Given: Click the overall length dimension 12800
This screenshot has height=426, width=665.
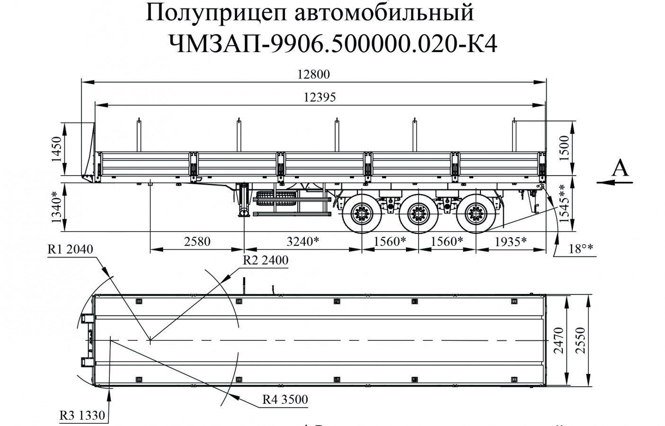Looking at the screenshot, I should (x=313, y=74).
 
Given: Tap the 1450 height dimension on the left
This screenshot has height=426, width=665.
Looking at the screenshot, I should (x=57, y=149).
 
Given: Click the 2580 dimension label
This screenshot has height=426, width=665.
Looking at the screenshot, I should (x=197, y=241).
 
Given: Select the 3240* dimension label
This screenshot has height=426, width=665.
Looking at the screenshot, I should (x=303, y=241).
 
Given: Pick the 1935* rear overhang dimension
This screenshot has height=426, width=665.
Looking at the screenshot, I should (x=511, y=241).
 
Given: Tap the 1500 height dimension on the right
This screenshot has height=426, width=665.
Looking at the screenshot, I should (x=564, y=149).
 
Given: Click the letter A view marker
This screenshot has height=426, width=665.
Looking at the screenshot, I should (x=621, y=168).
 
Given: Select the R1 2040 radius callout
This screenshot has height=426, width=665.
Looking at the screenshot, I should (x=70, y=249).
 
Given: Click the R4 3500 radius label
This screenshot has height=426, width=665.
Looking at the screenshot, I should (x=285, y=399).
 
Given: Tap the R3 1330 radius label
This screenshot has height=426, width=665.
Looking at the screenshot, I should (x=81, y=416).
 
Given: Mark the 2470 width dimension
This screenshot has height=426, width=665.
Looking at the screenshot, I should (x=559, y=341).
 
